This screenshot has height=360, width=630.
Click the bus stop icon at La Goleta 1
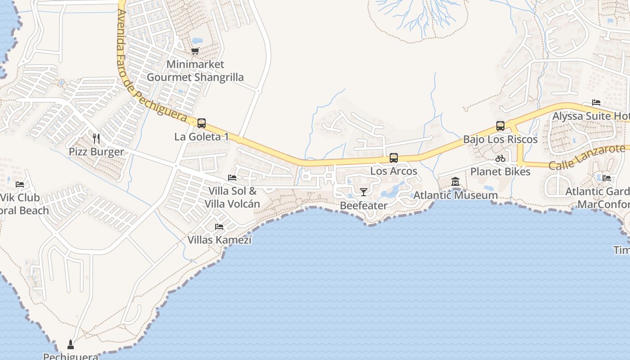pos(202,123)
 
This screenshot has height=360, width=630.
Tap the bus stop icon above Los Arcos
pos(394,158)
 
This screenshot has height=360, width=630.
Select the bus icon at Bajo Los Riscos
pos(500,126)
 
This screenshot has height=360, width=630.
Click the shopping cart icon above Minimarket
pos(195,51)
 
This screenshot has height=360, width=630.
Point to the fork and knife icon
pos(96,138)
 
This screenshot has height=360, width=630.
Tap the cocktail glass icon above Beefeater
pos(363,192)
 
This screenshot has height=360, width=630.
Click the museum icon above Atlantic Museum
pos(455,182)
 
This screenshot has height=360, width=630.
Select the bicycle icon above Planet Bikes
pos(500,158)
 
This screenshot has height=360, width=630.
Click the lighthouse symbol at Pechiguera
pos(70,345)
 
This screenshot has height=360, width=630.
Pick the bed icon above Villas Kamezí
pos(219,226)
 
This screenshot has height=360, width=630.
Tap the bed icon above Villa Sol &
pos(232,178)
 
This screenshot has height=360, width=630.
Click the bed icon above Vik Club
pos(20,184)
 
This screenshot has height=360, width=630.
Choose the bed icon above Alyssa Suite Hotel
pos(596,103)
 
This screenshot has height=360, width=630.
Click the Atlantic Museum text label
pos(455,195)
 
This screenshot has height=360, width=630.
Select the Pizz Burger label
pos(96,152)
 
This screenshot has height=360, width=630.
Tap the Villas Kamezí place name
pos(219,240)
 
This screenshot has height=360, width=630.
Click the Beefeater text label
pos(363,206)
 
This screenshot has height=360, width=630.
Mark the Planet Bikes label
pos(500,171)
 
